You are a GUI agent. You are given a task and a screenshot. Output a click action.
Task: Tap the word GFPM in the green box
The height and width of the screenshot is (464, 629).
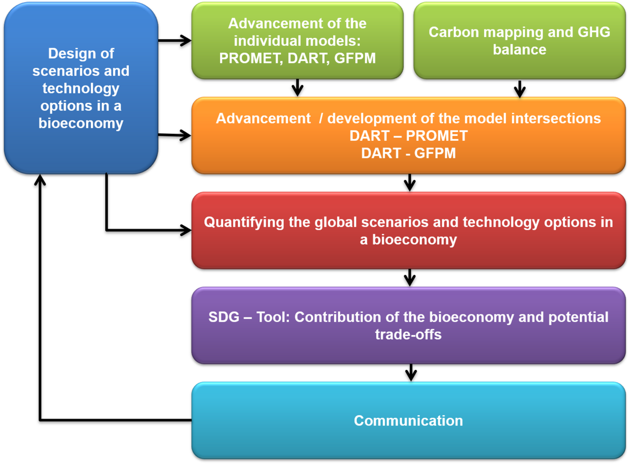click(x=355, y=59)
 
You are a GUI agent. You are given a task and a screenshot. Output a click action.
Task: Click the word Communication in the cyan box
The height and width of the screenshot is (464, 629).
click(x=408, y=421)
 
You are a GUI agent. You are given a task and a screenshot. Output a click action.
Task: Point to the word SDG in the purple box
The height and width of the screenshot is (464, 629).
click(x=224, y=317)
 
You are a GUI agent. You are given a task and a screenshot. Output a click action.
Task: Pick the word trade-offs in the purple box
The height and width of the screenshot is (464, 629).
click(x=408, y=335)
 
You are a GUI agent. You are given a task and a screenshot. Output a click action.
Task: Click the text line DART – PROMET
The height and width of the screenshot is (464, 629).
click(x=408, y=136)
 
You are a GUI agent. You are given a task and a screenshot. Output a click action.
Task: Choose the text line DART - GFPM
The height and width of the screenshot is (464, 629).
click(x=408, y=153)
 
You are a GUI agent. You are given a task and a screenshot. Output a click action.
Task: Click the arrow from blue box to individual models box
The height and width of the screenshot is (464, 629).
click(x=174, y=40)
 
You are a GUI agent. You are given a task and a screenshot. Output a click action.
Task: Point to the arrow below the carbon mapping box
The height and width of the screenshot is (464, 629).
click(x=520, y=89)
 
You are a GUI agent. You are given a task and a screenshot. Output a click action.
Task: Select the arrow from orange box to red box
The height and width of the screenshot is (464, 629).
click(x=410, y=183)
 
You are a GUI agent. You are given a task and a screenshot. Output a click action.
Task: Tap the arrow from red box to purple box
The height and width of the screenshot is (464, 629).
click(x=410, y=278)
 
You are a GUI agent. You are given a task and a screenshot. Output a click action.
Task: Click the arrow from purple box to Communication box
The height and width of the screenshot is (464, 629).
click(x=411, y=372)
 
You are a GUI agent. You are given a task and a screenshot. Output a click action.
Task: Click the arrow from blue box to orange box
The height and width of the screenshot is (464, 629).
click(x=174, y=135)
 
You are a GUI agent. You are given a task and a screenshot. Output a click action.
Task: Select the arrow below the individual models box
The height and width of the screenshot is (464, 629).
click(x=297, y=88)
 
